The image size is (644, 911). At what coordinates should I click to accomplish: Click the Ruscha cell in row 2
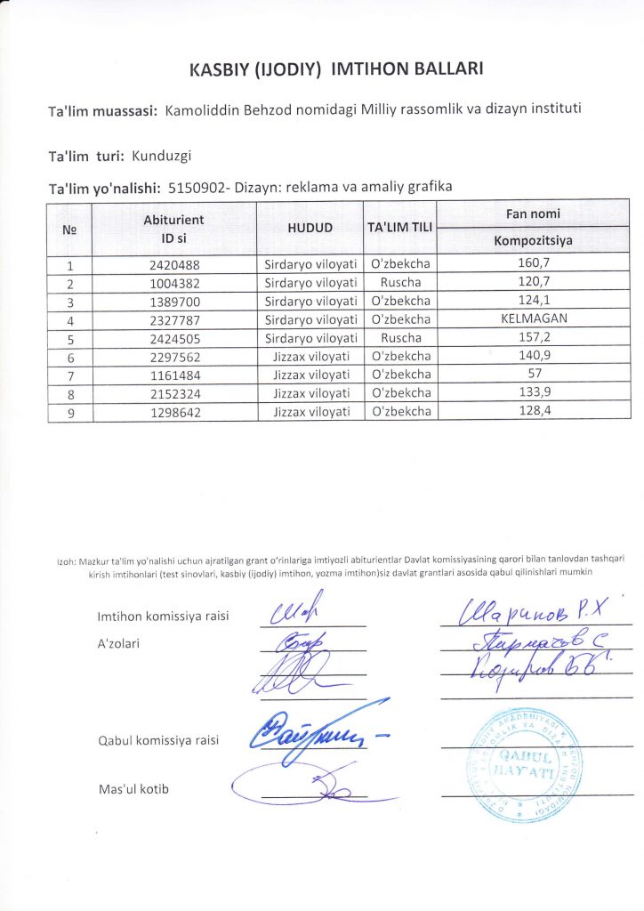[400, 282]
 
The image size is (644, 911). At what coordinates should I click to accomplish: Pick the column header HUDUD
[310, 228]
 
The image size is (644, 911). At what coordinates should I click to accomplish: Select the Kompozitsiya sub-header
[533, 241]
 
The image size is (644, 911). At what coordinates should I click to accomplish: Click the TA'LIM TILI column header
[400, 228]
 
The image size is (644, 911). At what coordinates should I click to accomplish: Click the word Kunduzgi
[162, 156]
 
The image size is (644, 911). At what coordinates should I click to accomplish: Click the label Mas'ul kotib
[133, 789]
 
